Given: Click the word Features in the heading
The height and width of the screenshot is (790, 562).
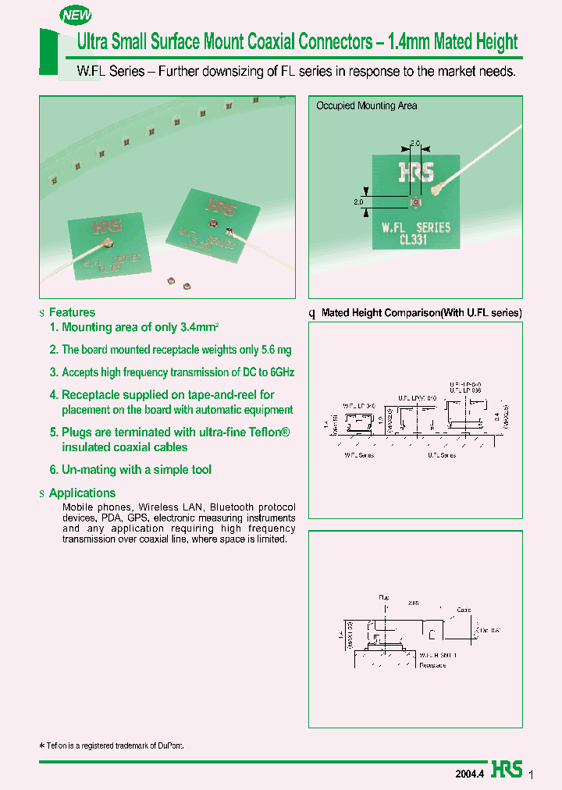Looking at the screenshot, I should click(72, 312).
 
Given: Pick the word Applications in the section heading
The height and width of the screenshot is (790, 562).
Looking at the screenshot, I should click(82, 493).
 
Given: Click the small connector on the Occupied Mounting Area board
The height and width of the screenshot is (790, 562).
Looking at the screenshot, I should click(416, 203).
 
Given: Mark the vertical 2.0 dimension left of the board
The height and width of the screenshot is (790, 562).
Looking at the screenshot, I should click(359, 202).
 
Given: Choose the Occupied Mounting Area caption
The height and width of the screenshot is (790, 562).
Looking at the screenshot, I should click(366, 105).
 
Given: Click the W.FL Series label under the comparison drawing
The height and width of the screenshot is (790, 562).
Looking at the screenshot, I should click(358, 455).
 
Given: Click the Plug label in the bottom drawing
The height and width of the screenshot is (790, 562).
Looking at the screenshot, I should click(383, 596).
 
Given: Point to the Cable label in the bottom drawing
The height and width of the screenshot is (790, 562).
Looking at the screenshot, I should click(464, 610).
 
